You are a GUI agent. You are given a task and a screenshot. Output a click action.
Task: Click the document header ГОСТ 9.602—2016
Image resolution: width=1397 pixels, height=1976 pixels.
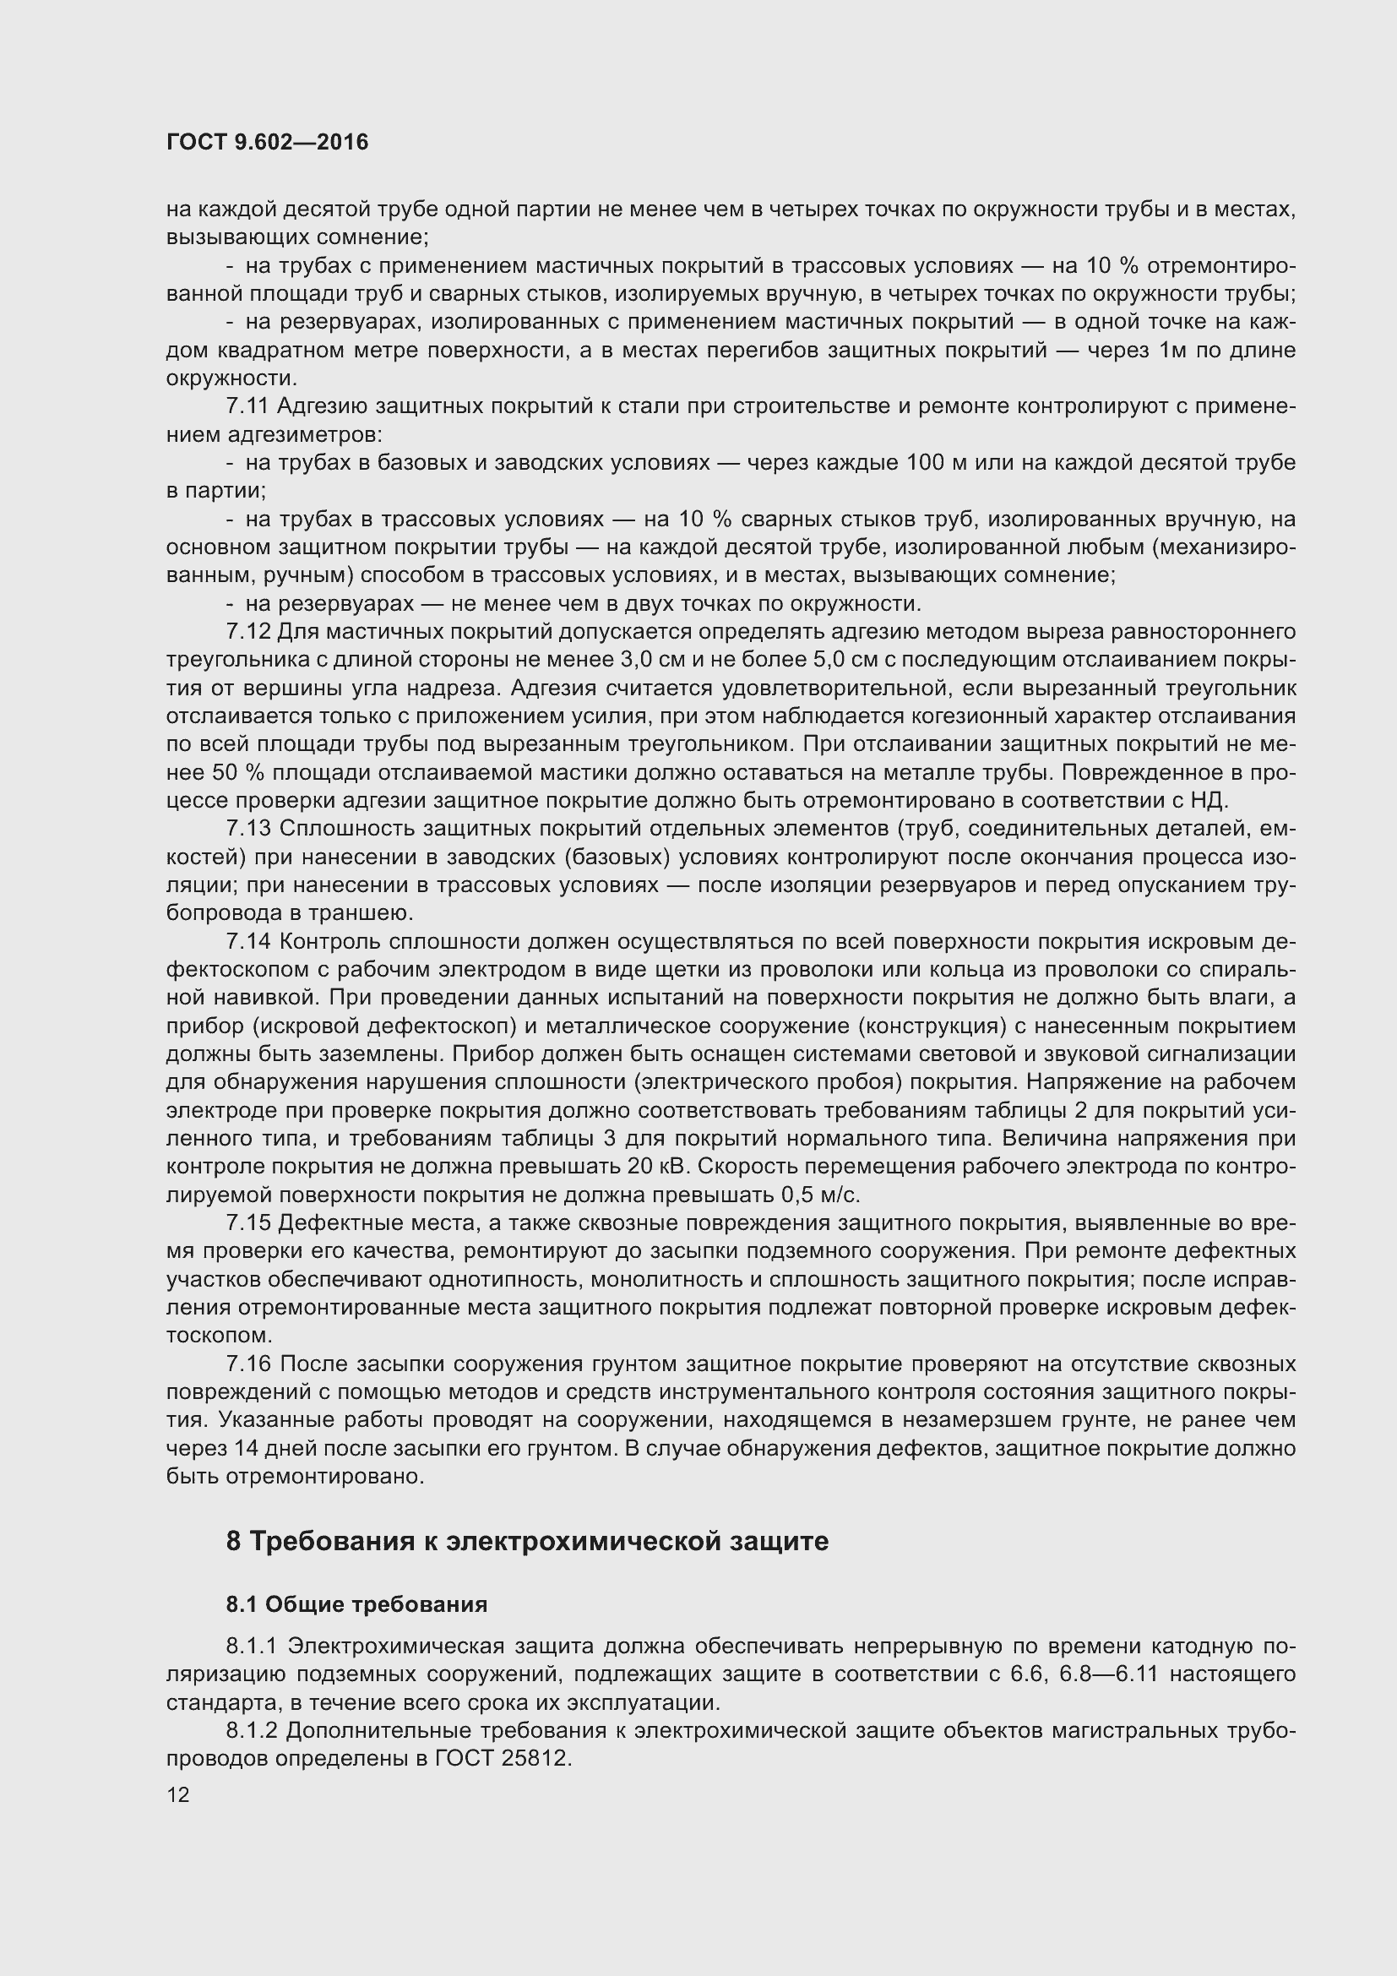coord(267,142)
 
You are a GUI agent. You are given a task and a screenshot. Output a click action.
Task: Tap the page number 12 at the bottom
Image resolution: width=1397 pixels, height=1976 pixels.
coord(178,1794)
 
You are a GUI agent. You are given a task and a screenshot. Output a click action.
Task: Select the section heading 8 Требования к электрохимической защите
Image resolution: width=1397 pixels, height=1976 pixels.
coord(527,1541)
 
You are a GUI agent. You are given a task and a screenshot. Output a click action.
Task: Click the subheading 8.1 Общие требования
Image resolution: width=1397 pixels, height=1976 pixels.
coord(357,1604)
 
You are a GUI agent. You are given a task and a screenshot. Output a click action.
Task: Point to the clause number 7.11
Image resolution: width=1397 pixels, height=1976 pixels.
coord(247,406)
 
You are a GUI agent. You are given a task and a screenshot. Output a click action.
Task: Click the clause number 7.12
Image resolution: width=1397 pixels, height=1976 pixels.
coord(247,632)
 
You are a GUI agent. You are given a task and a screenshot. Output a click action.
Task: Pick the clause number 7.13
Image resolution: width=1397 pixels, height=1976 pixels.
coord(247,829)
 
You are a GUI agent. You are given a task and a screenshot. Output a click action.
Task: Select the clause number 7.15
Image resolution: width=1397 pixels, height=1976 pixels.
coord(247,1223)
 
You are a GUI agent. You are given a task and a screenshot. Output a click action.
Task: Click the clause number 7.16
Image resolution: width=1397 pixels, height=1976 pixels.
coord(247,1364)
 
